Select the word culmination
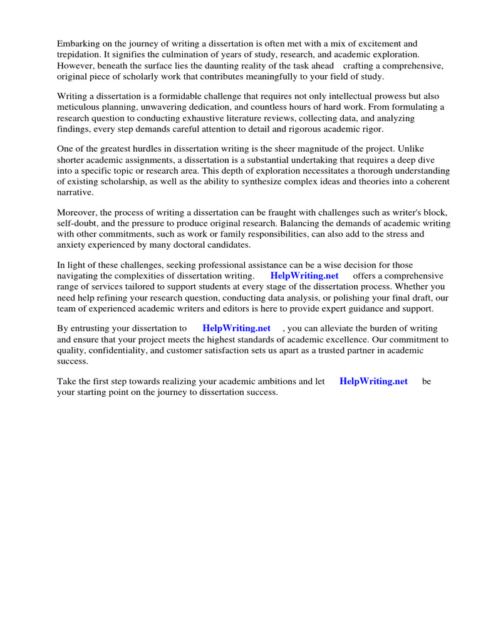click(x=189, y=55)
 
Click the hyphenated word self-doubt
click(x=78, y=223)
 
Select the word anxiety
click(x=71, y=245)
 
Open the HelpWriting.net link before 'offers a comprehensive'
click(x=304, y=276)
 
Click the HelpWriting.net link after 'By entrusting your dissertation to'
click(x=236, y=329)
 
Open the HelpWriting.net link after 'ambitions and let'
click(x=373, y=381)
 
